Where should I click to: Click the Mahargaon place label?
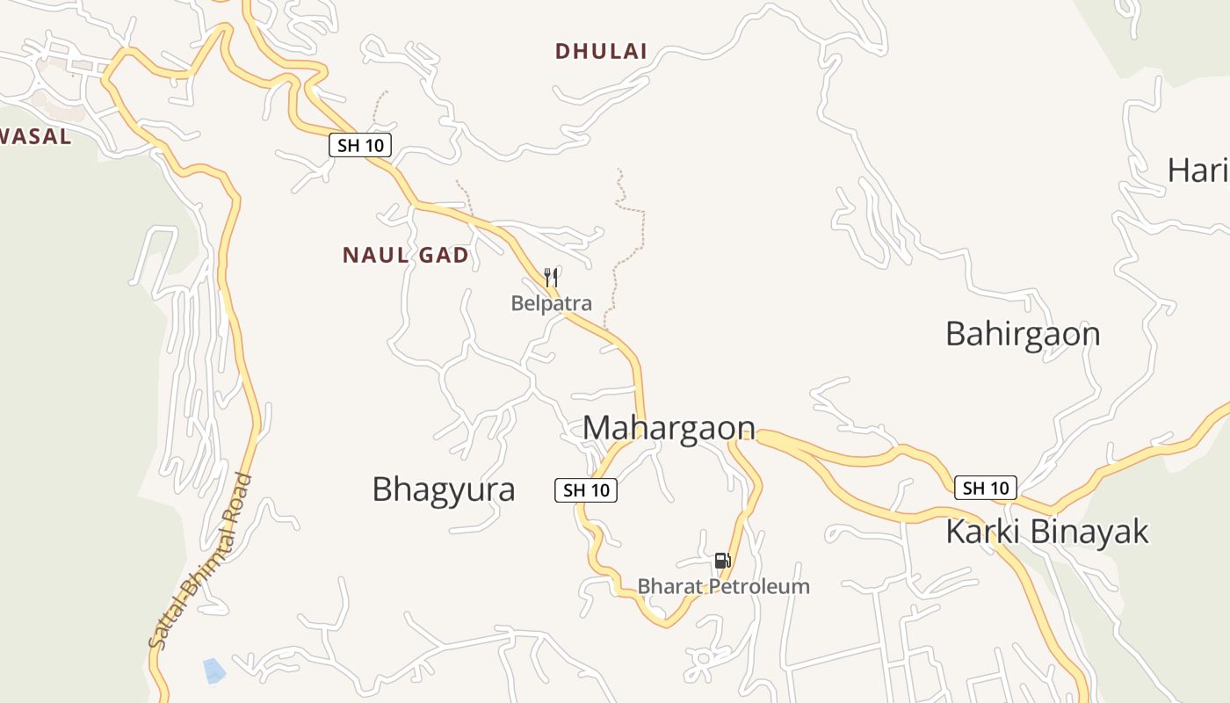pos(669,428)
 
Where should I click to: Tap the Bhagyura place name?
pos(444,489)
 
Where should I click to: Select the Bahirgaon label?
pos(1023,335)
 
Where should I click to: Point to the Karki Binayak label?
pos(1047,532)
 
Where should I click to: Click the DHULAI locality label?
pos(601,52)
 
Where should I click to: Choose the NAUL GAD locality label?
pos(405,256)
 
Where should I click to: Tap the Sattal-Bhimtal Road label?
pos(200,562)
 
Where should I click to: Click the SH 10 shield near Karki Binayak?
pos(986,488)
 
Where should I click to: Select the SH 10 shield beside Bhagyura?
pos(586,490)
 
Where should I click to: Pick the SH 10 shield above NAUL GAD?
pos(360,145)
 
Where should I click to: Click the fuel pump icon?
pos(722,560)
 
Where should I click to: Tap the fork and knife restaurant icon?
pos(551,278)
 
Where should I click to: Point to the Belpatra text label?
pos(552,304)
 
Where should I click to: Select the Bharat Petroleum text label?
pos(723,586)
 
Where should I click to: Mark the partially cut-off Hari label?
pos(1197,170)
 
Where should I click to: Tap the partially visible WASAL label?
pos(35,137)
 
